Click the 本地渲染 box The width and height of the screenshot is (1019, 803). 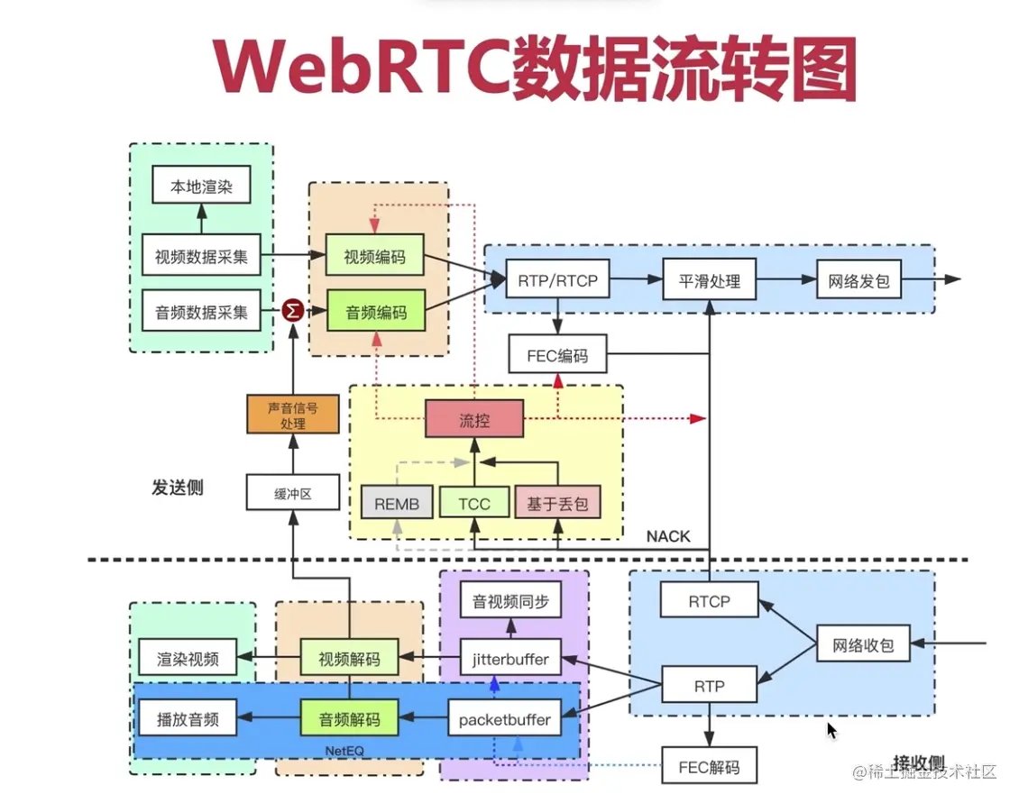[201, 187]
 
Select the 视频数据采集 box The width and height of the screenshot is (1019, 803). [201, 257]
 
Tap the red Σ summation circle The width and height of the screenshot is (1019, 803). [292, 311]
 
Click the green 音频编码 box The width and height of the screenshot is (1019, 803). [375, 313]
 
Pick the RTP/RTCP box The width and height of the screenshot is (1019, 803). [557, 280]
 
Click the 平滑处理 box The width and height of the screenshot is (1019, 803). [709, 280]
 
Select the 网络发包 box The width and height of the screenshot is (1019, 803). [858, 280]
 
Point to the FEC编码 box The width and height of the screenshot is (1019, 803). [557, 355]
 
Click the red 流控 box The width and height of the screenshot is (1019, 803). [474, 419]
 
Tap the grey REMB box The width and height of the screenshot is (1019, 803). [397, 504]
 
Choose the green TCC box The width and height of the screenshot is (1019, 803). [474, 504]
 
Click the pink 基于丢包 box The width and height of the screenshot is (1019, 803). [557, 504]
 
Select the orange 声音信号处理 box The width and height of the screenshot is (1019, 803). [292, 415]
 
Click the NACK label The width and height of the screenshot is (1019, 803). [668, 537]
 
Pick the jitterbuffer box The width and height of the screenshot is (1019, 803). [510, 659]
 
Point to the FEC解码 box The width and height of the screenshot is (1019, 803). [708, 767]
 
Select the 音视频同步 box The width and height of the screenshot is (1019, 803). [510, 601]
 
